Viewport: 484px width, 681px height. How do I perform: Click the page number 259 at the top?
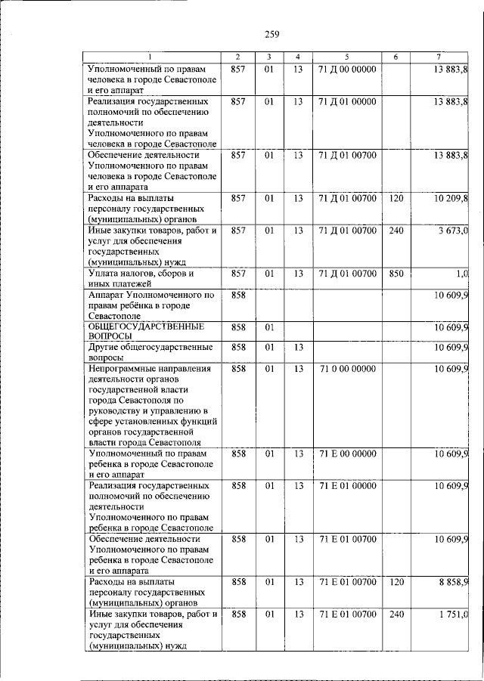pyautogui.click(x=272, y=33)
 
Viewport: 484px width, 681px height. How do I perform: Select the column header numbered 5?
pyautogui.click(x=346, y=57)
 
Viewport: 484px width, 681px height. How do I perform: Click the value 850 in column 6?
pyautogui.click(x=396, y=273)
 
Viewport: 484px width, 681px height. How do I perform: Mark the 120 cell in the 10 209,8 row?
pyautogui.click(x=396, y=198)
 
